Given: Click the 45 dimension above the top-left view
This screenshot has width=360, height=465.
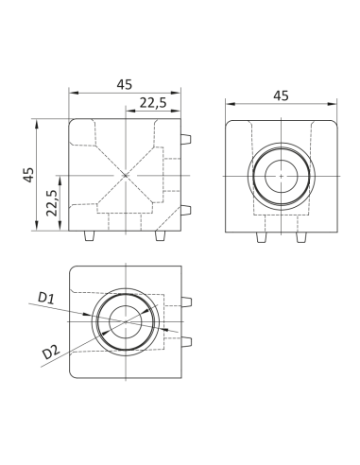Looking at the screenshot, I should [124, 84].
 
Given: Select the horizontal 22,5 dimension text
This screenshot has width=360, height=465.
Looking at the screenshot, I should [154, 102].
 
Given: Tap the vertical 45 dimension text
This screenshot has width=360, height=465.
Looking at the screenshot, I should [28, 174].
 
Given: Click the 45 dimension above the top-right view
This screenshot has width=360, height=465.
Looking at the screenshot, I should [281, 95].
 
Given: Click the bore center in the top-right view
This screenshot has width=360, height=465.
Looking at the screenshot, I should [281, 176].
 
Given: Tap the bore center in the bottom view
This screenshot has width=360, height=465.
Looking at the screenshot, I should [124, 322].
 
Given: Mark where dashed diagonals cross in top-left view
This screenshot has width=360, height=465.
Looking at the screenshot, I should [125, 175].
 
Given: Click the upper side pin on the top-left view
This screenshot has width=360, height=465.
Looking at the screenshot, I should [187, 139].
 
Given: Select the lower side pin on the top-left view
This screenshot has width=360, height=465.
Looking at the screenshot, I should [187, 210].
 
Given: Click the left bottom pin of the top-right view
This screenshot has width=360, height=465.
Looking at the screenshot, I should [261, 236].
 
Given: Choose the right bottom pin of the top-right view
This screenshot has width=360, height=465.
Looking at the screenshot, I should [300, 236].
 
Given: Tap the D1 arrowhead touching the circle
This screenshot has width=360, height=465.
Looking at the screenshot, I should [92, 314].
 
